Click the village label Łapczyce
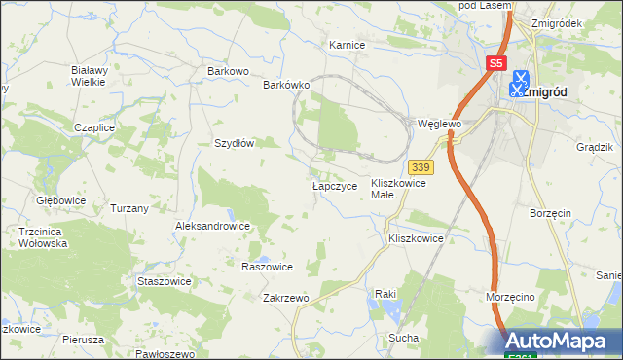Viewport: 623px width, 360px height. coord(335,185)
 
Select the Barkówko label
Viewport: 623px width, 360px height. coord(286,85)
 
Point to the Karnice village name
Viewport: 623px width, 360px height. coord(347,45)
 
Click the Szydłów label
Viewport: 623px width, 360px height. coord(234,142)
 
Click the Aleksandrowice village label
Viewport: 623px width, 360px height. coord(212,226)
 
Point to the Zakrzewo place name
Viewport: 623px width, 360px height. coord(285,299)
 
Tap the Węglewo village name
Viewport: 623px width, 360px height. coord(437,125)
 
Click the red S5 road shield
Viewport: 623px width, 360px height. coord(496,63)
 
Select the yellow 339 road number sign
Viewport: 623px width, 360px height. coord(421,167)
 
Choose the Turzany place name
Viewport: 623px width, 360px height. coord(129,209)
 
